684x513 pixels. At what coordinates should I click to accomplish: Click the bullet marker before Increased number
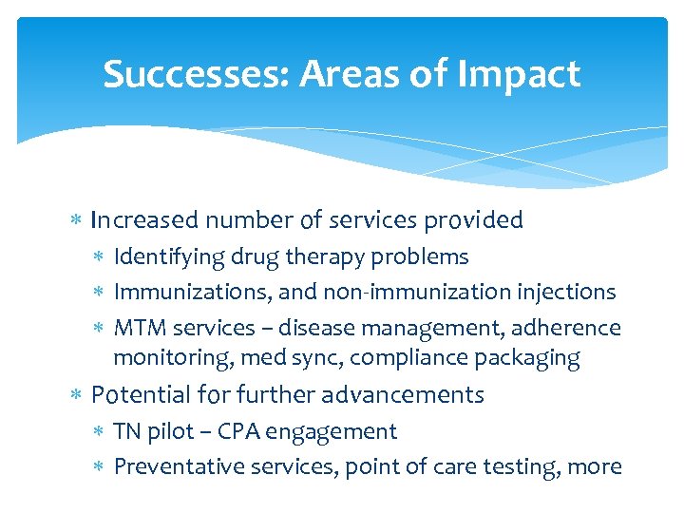[77, 221]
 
